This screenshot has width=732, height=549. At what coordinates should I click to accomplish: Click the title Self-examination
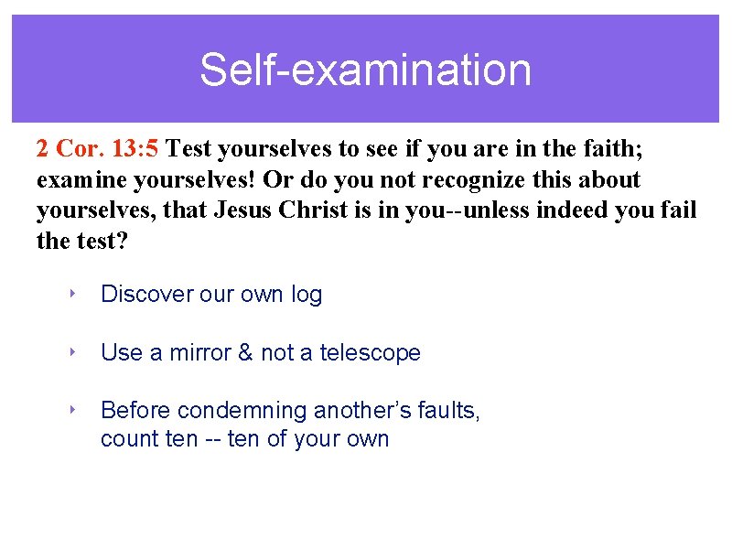pos(365,70)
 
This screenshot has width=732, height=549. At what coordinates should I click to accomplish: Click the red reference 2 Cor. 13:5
pos(100,147)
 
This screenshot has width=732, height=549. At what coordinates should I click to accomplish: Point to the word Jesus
pos(245,211)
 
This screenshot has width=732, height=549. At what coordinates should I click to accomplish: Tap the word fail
pos(679,211)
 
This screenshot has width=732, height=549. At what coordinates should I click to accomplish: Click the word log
pos(307,296)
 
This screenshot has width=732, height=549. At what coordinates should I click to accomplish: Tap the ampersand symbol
pos(244,353)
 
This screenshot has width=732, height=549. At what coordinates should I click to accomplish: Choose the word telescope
pos(370,354)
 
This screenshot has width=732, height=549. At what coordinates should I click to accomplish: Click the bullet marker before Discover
pos(71,294)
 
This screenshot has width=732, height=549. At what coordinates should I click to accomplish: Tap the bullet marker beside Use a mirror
pos(71,352)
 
